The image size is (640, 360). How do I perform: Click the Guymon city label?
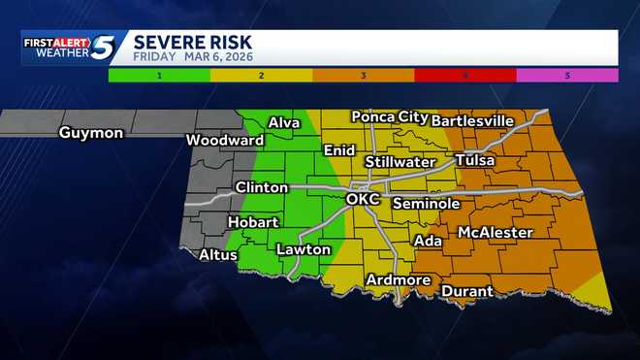pyautogui.click(x=90, y=132)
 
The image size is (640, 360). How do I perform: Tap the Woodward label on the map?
pyautogui.click(x=225, y=141)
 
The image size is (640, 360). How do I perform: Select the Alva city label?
pyautogui.click(x=284, y=122)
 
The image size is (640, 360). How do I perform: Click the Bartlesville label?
pyautogui.click(x=472, y=120)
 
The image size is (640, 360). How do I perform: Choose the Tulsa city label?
pyautogui.click(x=474, y=160)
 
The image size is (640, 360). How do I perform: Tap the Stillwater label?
pyautogui.click(x=400, y=161)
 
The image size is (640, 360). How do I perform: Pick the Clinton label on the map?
pyautogui.click(x=261, y=187)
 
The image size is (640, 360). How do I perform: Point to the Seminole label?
pyautogui.click(x=426, y=204)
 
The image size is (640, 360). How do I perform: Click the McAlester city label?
pyautogui.click(x=495, y=233)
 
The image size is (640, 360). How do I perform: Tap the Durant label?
pyautogui.click(x=467, y=291)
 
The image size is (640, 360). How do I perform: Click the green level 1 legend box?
pyautogui.click(x=159, y=75)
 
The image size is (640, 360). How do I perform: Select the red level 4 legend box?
pyautogui.click(x=464, y=75)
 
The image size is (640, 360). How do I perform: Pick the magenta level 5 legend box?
pyautogui.click(x=566, y=75)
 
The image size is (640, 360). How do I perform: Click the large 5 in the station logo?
pyautogui.click(x=108, y=48)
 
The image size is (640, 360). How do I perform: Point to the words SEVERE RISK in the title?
pyautogui.click(x=192, y=42)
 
